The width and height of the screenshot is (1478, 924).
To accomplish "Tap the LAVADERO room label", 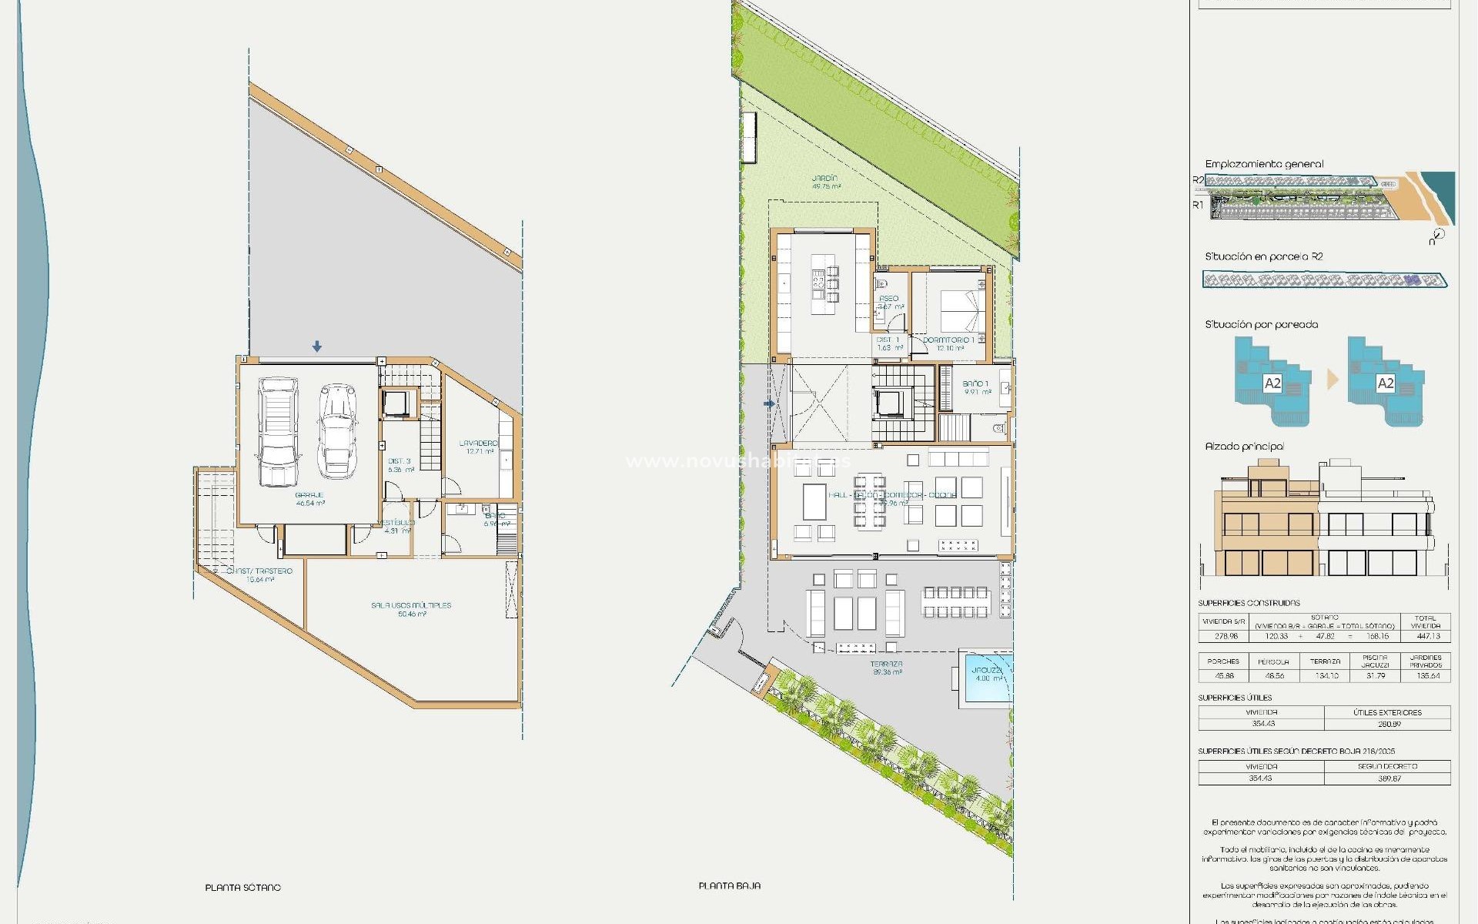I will point(478,444).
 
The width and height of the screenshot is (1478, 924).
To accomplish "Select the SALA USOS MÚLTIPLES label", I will point(411,605).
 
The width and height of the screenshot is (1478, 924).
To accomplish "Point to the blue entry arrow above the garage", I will point(316,347).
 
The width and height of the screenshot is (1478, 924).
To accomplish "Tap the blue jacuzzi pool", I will point(986,678).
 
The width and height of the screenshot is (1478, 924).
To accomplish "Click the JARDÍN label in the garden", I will point(824,179).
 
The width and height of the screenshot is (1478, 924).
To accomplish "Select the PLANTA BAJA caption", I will point(729,886).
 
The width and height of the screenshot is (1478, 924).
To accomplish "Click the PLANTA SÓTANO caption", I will point(242,888).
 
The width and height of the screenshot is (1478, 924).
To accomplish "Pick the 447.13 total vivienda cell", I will point(1428,636).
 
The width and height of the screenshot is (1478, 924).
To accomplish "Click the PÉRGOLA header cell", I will point(1273,661).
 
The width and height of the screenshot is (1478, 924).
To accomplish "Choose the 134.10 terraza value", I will point(1325,675).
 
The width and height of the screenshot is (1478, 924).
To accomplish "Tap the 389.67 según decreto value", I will point(1389,778).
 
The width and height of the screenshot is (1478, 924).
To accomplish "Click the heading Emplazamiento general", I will point(1264,164).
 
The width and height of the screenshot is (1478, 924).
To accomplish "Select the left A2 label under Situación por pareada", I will point(1272,383).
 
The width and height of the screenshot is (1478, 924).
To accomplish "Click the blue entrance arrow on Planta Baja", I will point(768,403).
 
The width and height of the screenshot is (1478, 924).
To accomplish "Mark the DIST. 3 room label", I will point(400,461).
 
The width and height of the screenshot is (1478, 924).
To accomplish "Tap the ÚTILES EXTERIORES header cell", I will point(1387,712).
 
